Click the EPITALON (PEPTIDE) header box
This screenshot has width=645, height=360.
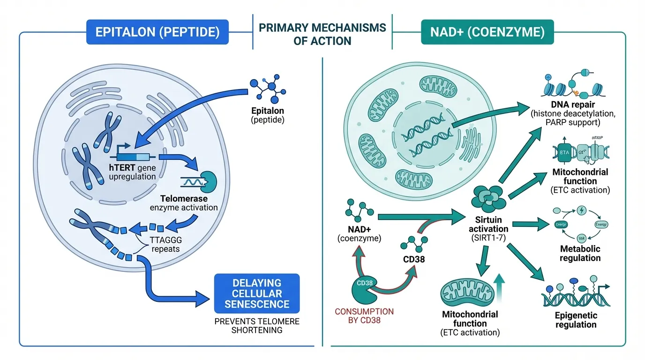click(157, 32)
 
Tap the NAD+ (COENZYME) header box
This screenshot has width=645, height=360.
click(487, 32)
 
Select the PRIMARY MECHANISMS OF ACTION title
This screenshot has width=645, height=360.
click(322, 34)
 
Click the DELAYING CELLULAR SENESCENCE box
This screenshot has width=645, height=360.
click(256, 293)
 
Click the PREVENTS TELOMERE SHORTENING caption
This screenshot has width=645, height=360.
click(256, 325)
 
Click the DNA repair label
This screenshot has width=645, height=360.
click(580, 105)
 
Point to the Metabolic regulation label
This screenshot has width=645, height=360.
click(580, 253)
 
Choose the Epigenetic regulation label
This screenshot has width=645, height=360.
click(576, 320)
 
